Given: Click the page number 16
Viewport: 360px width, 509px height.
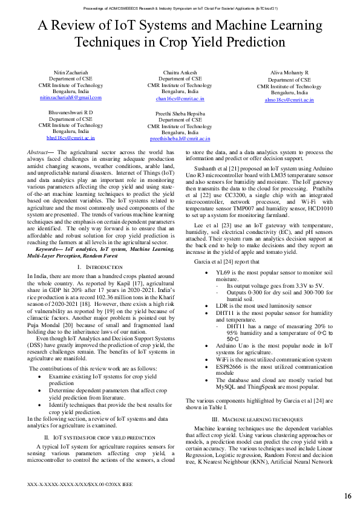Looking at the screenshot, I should click(348, 496).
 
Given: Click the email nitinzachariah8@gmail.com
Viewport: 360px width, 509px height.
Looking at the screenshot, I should click(71, 97).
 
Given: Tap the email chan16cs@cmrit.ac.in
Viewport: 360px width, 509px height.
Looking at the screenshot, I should click(180, 98).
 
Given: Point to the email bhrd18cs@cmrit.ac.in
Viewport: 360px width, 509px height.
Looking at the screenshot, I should click(71, 138).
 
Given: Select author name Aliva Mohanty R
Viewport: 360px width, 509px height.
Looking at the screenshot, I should click(289, 73).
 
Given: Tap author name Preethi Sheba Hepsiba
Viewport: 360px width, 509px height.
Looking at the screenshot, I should click(180, 113).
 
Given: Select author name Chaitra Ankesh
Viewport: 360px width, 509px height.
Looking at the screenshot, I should click(180, 72).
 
